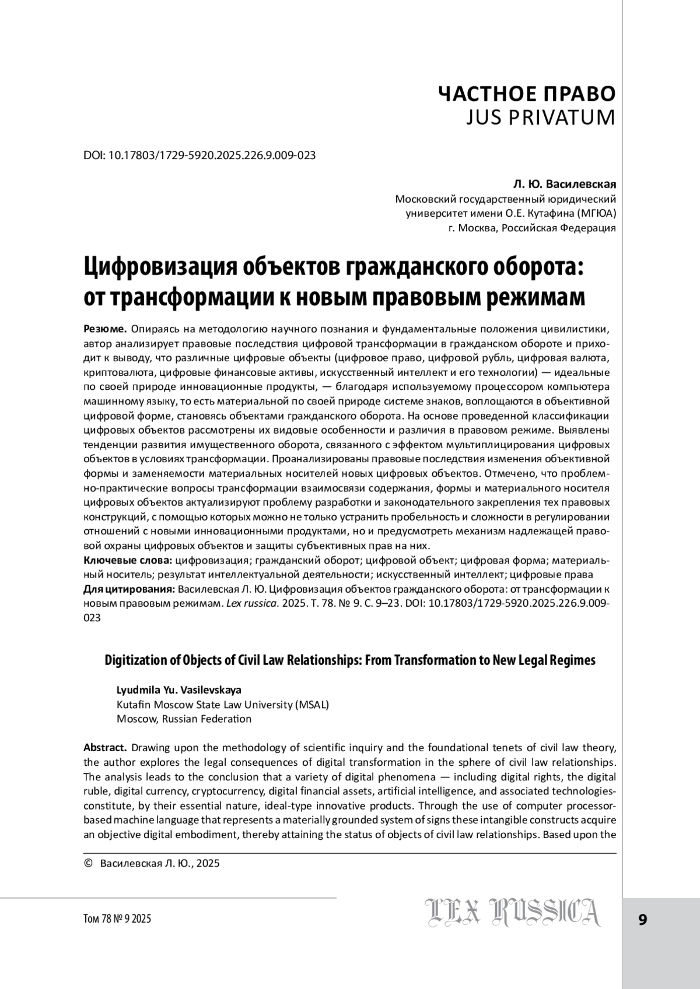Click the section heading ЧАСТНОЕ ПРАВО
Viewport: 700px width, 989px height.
(526, 93)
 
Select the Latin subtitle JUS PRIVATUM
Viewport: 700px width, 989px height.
(541, 118)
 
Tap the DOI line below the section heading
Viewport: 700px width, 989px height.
(199, 156)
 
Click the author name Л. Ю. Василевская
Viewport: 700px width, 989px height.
(564, 185)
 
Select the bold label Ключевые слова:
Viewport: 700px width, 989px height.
(128, 561)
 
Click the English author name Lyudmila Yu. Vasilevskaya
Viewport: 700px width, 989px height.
(179, 690)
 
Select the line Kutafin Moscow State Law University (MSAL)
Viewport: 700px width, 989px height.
(223, 705)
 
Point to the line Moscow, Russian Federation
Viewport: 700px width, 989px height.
(184, 719)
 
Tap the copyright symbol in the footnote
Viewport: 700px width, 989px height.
(89, 863)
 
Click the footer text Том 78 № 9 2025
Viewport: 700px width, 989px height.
(117, 919)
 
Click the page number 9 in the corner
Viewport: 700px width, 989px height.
(643, 920)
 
